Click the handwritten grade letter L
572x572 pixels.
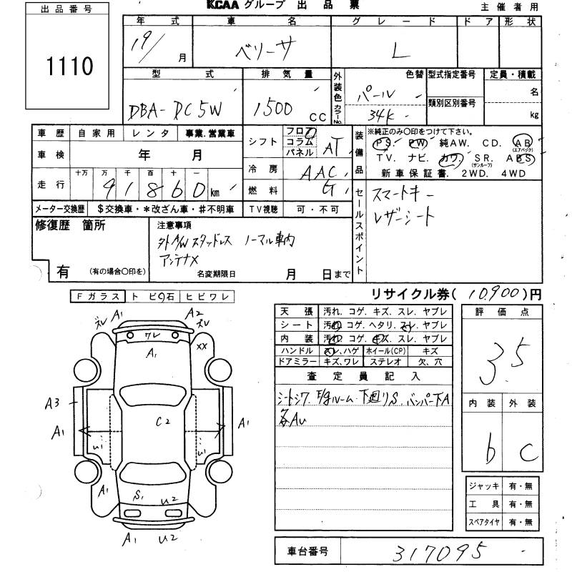click(397, 51)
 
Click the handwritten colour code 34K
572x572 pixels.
click(387, 115)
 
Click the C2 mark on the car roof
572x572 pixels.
click(163, 422)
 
